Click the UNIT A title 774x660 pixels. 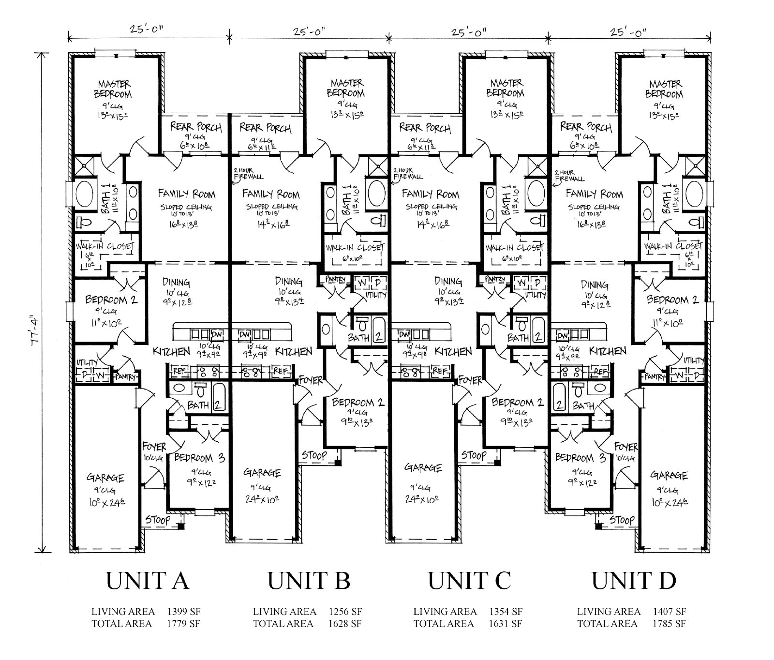point(147,581)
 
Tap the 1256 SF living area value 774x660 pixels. point(345,612)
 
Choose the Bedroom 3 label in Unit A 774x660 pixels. point(199,458)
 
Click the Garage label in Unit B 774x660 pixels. point(262,472)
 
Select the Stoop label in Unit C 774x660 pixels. point(473,455)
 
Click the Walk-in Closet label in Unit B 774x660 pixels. point(355,248)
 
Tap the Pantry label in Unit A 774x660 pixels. point(125,376)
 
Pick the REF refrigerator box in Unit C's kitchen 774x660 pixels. point(439,371)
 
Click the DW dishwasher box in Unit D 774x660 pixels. point(562,335)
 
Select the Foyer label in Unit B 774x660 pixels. point(310,380)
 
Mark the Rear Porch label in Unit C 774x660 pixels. point(425,128)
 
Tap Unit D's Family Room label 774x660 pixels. point(594,194)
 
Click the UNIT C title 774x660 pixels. point(469,581)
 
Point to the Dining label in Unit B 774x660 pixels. point(289,281)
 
